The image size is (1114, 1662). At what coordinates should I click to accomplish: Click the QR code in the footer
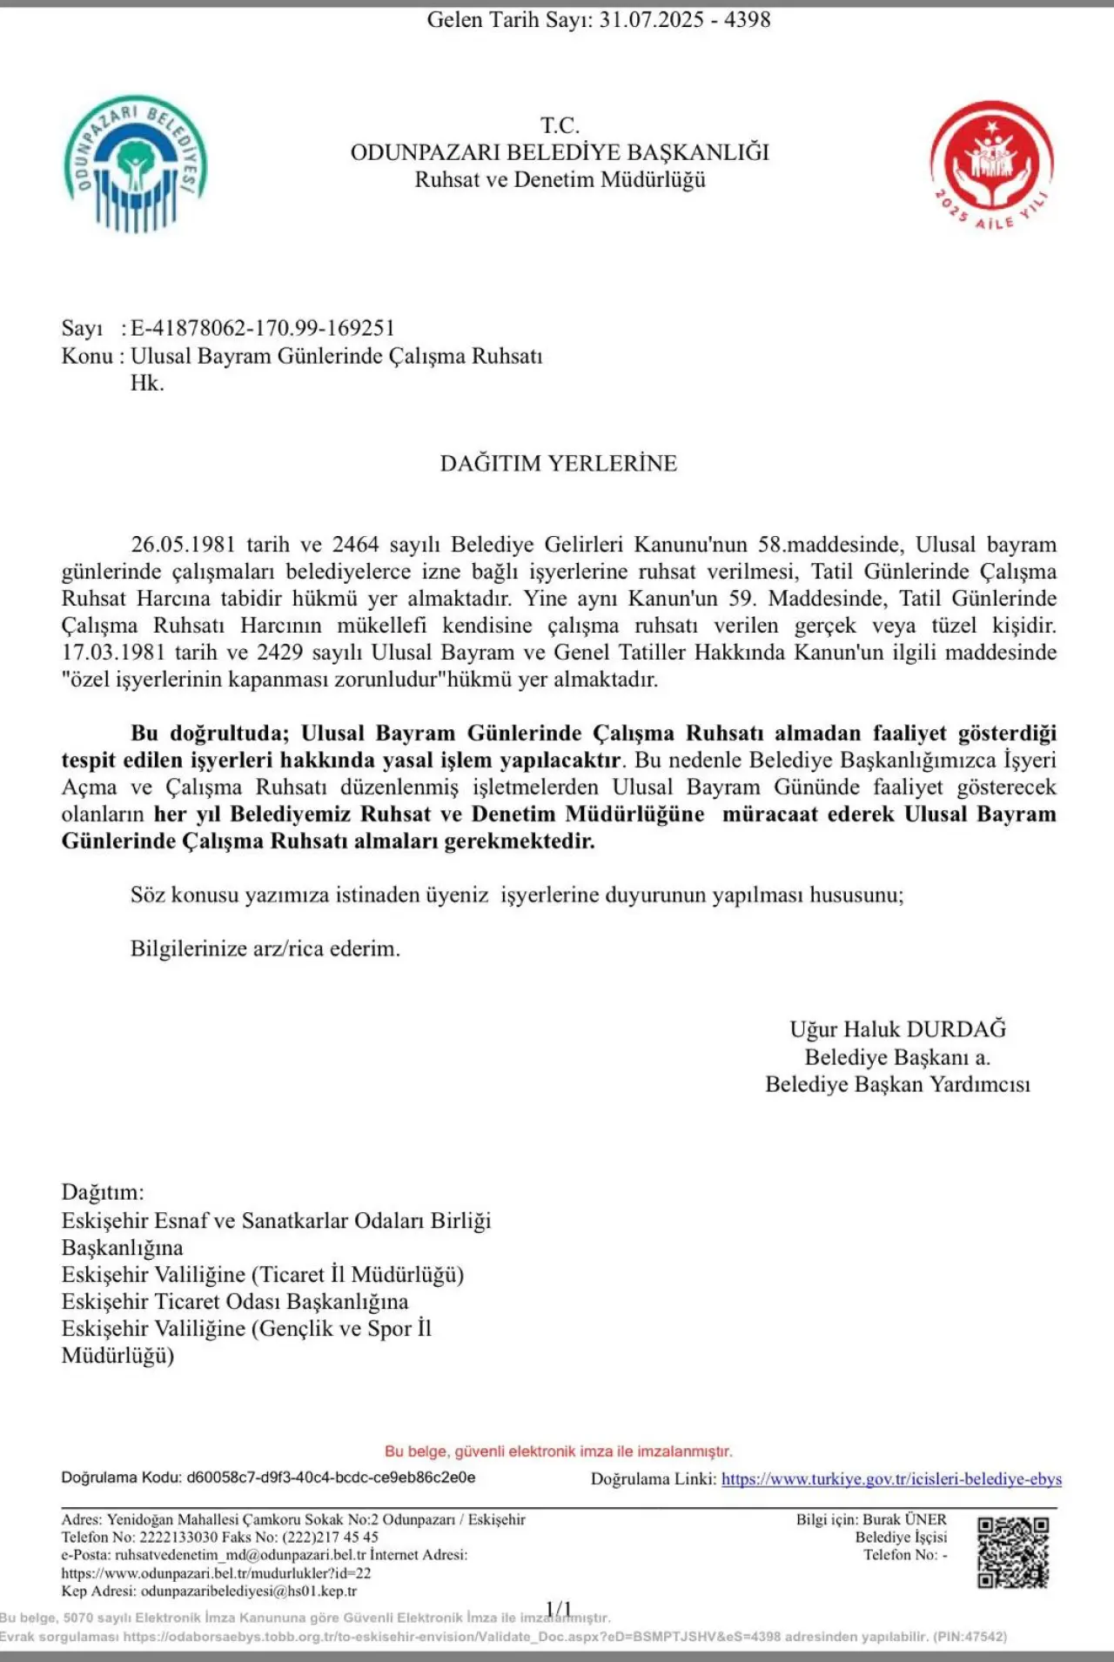[1012, 1552]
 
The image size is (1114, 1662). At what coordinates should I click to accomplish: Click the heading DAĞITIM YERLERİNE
[558, 463]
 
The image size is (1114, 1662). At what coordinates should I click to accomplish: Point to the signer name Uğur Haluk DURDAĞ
[897, 1029]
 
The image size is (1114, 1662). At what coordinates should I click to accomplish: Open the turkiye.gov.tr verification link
[891, 1479]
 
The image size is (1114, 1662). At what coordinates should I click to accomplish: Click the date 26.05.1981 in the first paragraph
[183, 545]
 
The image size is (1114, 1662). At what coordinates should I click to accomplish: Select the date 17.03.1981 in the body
[113, 653]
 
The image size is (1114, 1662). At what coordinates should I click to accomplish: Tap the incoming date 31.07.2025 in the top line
[651, 20]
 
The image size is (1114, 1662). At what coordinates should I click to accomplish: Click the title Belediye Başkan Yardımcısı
[897, 1084]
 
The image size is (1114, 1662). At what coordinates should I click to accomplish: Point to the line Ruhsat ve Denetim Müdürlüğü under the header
[560, 180]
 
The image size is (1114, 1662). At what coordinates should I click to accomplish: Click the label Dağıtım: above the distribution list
[103, 1192]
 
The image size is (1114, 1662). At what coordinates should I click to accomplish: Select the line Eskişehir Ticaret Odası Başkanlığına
[234, 1302]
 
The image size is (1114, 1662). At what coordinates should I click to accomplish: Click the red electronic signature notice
[558, 1451]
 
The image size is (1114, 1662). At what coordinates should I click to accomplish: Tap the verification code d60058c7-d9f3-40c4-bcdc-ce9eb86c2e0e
[331, 1478]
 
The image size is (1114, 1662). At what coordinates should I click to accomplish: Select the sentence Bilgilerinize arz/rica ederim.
[265, 948]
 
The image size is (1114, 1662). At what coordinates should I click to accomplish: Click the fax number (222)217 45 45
[330, 1537]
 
